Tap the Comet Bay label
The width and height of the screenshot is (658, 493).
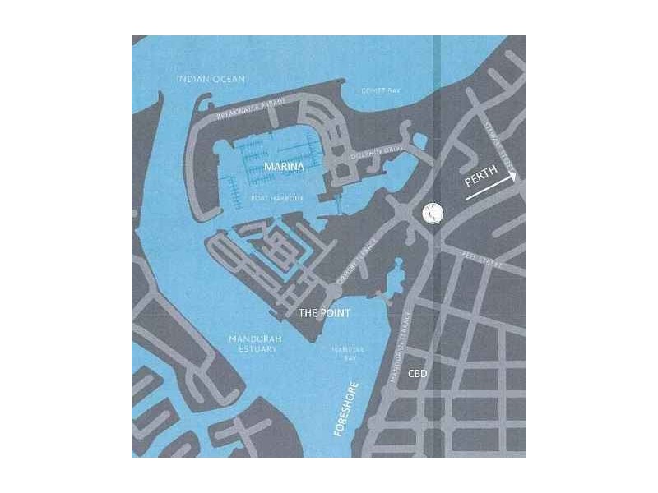point(379,90)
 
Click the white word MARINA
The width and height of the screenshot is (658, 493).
point(284,167)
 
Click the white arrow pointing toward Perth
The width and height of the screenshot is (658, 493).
point(492,187)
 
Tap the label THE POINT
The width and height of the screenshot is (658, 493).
point(324,313)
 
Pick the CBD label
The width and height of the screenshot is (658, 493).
point(418,373)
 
